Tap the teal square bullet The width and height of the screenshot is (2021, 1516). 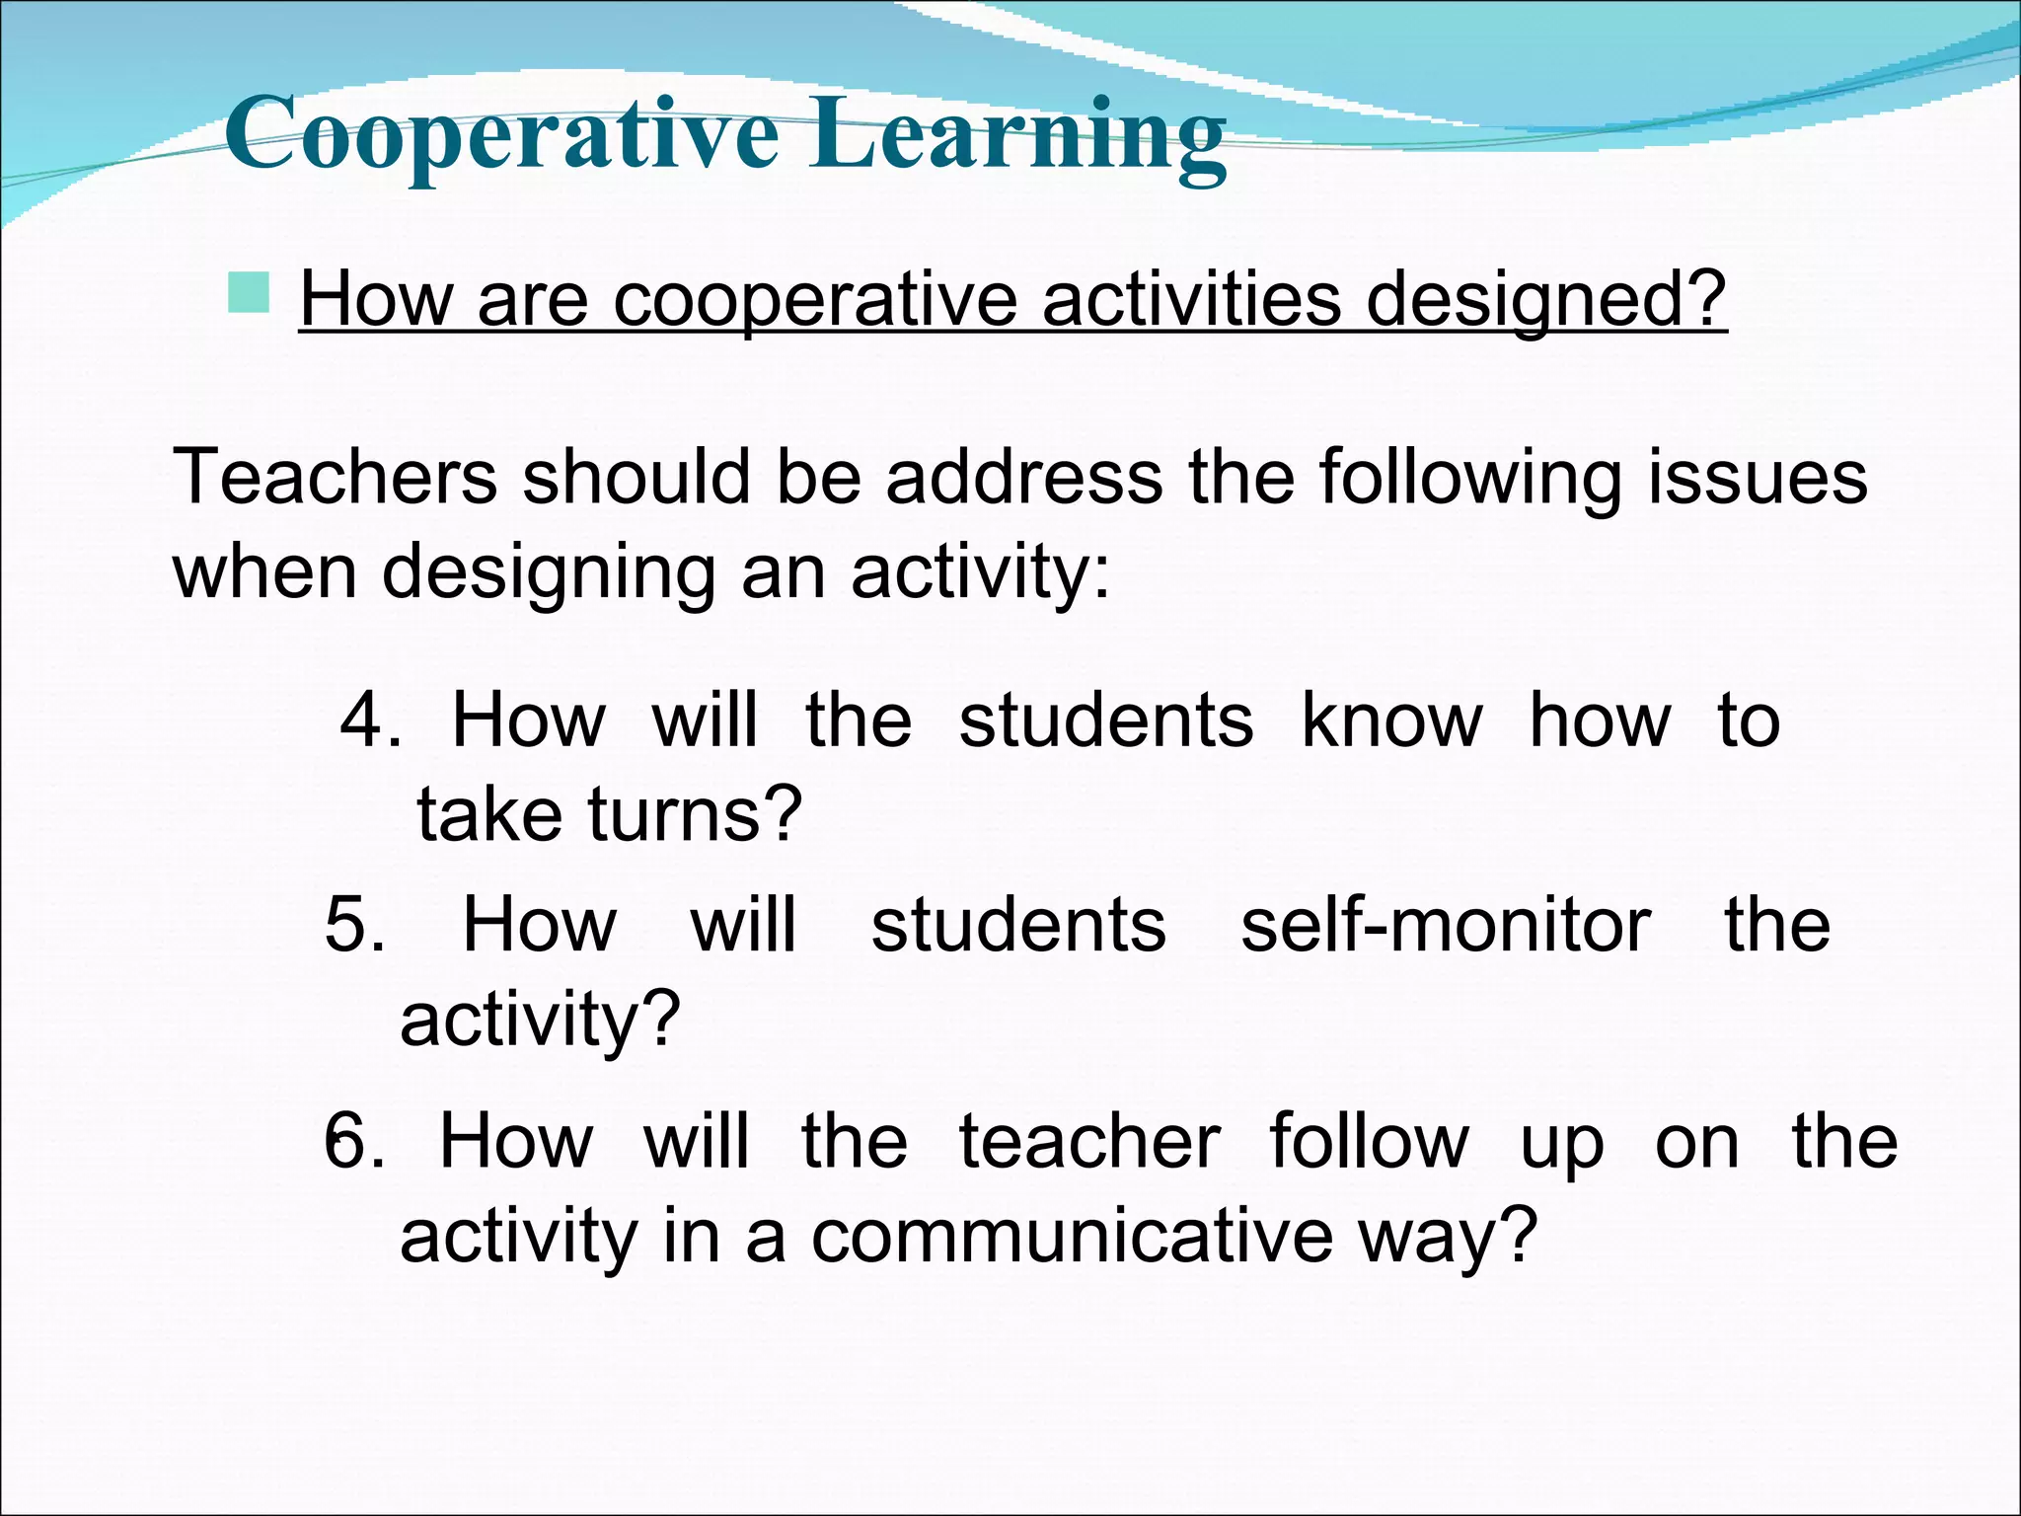248,293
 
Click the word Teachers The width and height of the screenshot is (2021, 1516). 335,478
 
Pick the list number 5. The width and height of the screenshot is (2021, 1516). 353,926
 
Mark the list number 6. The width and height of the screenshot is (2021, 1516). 353,1142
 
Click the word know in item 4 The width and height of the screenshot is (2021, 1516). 1391,721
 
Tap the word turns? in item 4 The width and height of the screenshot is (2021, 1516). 696,815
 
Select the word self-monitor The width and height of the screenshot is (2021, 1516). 1445,926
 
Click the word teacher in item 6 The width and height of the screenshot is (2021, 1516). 1089,1142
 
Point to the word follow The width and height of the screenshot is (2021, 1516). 1369,1142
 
